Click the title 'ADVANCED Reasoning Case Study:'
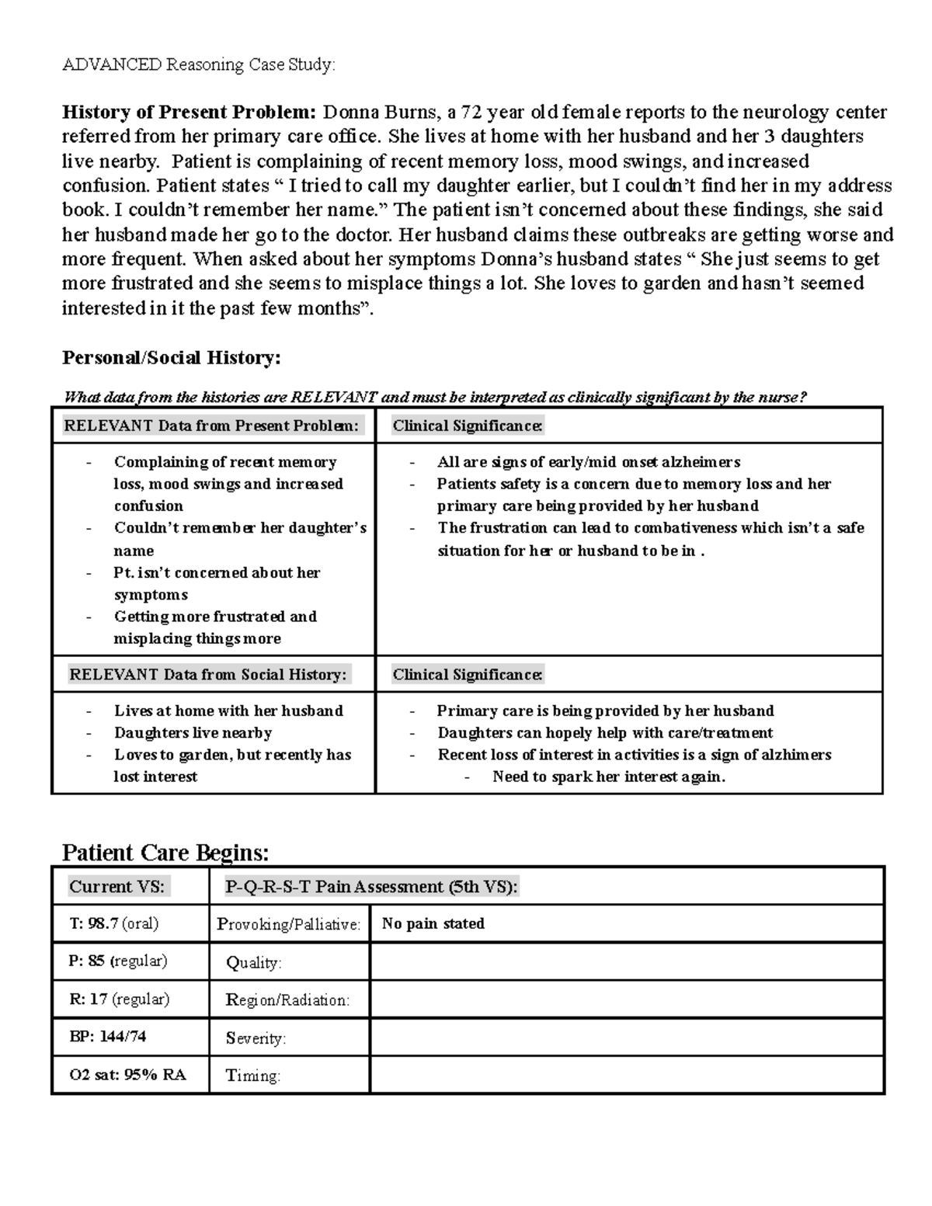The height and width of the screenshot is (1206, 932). (x=198, y=64)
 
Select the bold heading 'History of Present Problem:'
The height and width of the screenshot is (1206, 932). (x=189, y=113)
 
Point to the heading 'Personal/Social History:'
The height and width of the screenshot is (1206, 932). (x=171, y=358)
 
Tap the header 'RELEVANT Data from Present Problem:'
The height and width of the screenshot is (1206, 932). (x=212, y=426)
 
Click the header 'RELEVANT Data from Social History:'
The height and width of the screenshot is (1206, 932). (x=208, y=674)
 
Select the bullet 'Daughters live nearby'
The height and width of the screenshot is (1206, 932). (x=193, y=732)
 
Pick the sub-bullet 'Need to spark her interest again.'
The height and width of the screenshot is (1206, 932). (x=608, y=777)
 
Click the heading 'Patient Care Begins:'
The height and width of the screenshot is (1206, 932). (x=165, y=853)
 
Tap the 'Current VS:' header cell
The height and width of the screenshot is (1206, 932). (x=117, y=886)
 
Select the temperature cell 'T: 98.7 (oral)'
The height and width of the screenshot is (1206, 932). (x=113, y=923)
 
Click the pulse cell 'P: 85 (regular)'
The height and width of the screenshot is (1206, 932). (x=117, y=961)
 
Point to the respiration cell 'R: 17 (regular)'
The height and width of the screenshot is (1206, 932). (x=119, y=999)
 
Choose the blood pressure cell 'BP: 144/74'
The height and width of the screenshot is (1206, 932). (x=107, y=1036)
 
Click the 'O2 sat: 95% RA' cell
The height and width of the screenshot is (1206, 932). (x=127, y=1075)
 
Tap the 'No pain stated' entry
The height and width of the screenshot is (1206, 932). (x=433, y=923)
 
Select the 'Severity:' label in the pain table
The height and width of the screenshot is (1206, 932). (x=256, y=1037)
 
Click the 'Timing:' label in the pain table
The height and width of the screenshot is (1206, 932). (x=252, y=1076)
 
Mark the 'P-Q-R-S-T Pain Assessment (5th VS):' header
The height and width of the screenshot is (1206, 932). (x=371, y=886)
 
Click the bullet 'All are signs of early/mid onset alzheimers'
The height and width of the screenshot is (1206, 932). (x=588, y=462)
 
